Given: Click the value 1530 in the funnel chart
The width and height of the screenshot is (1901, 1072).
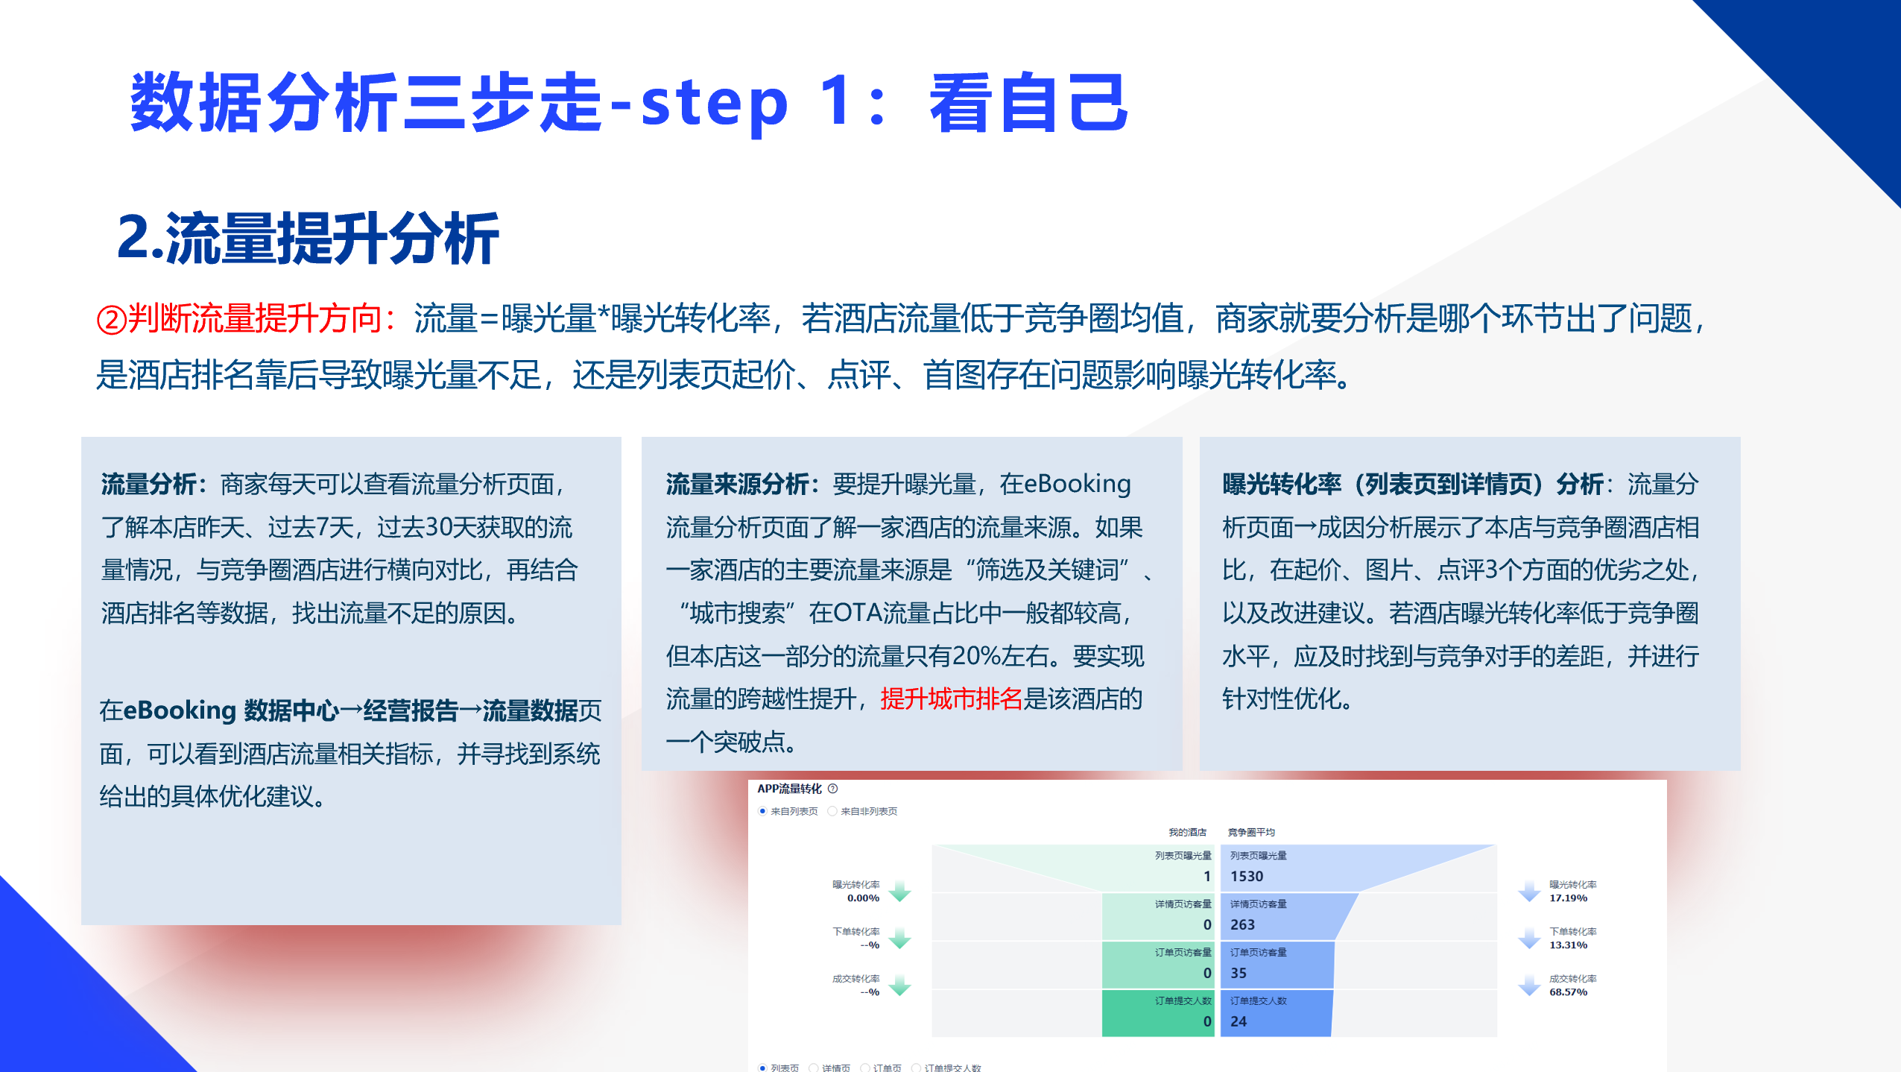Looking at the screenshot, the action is pos(1247,876).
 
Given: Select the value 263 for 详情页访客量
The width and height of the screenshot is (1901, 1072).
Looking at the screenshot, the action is pos(1242,924).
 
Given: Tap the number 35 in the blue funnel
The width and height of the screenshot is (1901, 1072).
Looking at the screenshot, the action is pos(1239,973).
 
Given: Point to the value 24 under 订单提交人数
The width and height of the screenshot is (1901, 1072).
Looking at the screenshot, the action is pos(1239,1021).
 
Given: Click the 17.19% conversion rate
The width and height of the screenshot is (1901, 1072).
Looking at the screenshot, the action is pos(1568,898).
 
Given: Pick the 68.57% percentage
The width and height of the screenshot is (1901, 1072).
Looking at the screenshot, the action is pos(1568,992).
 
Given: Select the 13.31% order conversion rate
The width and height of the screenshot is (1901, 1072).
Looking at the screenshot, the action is pos(1568,945).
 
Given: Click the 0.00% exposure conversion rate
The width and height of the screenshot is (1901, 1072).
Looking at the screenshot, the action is pos(863,898).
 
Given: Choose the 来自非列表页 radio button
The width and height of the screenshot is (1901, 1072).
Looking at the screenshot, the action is pos(832,811).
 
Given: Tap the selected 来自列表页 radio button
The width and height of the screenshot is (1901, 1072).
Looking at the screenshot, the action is pos(762,811).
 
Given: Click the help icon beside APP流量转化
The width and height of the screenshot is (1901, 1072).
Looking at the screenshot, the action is pos(833,789).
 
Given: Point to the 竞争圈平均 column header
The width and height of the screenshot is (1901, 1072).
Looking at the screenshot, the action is pos(1251,832).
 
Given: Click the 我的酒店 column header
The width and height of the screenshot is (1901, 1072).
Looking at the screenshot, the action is pos(1187,832).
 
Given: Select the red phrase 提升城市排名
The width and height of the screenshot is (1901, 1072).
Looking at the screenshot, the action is pos(951,699).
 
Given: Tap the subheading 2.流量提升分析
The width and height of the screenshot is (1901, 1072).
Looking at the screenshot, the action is pos(308,239).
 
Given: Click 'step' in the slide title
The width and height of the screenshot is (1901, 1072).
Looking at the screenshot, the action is pos(713,104).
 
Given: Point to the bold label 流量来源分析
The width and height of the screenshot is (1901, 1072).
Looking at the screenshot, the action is pos(737,485).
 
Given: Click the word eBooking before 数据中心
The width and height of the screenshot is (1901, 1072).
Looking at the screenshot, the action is pos(179,710).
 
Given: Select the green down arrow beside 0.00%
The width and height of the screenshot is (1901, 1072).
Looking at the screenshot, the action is pos(900,891).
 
